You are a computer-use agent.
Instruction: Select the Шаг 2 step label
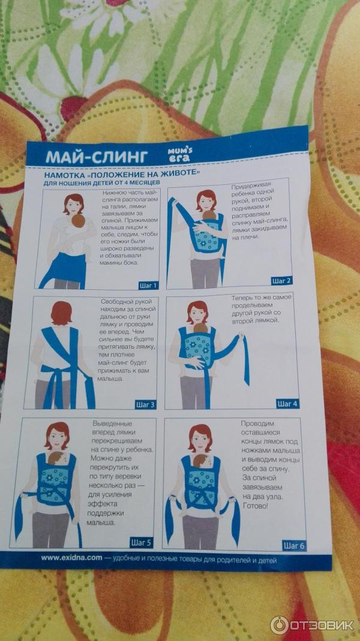click(281, 280)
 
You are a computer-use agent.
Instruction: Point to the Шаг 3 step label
click(145, 405)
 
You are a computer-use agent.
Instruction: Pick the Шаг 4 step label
click(287, 404)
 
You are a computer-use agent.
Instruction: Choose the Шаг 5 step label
click(141, 543)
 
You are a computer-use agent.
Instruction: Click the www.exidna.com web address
click(71, 558)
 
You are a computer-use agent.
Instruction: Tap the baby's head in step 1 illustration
click(78, 221)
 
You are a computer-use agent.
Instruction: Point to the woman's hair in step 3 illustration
click(62, 313)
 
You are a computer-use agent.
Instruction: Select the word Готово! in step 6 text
click(256, 506)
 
